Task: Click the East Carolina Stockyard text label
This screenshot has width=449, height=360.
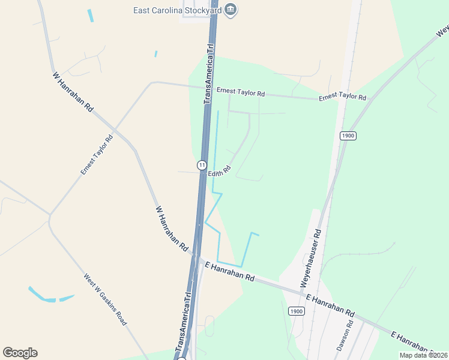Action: pyautogui.click(x=178, y=10)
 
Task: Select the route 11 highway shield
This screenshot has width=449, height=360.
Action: pyautogui.click(x=203, y=164)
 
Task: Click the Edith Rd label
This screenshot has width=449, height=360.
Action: pyautogui.click(x=219, y=172)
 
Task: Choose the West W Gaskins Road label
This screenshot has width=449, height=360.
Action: pyautogui.click(x=105, y=299)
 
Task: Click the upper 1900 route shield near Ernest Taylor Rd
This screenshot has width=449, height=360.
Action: pyautogui.click(x=348, y=136)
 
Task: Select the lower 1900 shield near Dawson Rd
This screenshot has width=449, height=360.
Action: pyautogui.click(x=295, y=311)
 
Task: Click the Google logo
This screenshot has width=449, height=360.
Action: pyautogui.click(x=20, y=353)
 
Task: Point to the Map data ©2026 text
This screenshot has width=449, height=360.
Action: pyautogui.click(x=423, y=355)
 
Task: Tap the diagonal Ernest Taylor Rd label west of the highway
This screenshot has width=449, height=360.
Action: pyautogui.click(x=97, y=155)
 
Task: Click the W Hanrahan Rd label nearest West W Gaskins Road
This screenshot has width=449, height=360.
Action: pyautogui.click(x=172, y=229)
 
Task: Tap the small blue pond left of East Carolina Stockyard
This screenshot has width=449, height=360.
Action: pyautogui.click(x=91, y=16)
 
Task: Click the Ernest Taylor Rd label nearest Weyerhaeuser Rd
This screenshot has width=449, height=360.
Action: pyautogui.click(x=342, y=97)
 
